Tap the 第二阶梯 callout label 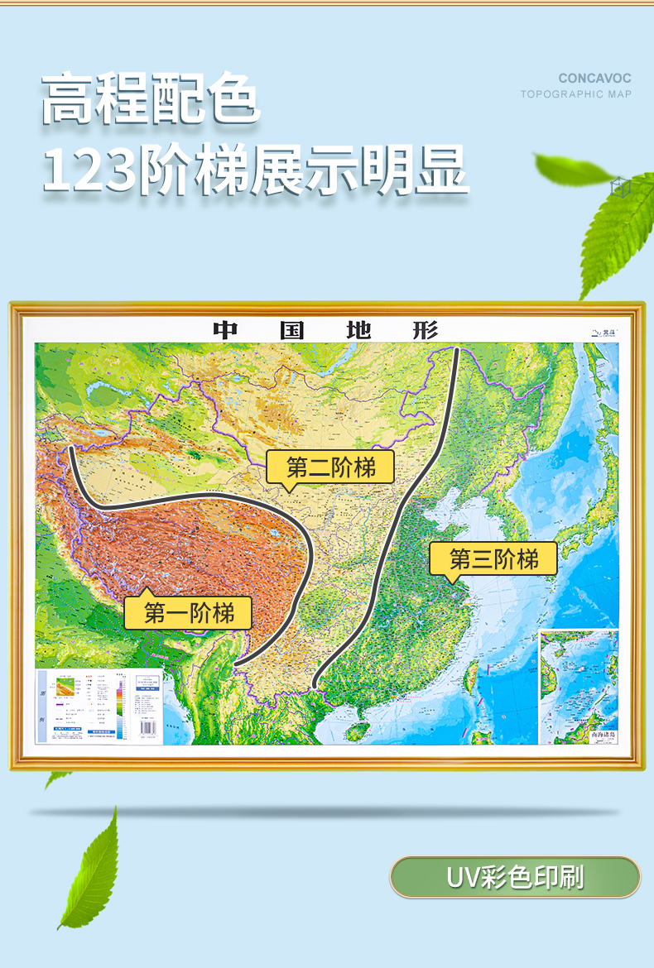click(x=330, y=468)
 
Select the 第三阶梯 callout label click(x=493, y=559)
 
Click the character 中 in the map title click(x=225, y=330)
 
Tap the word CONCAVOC click(x=594, y=79)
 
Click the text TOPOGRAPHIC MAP click(x=575, y=94)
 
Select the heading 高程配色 click(x=151, y=101)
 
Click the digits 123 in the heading click(x=90, y=170)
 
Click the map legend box click(x=83, y=706)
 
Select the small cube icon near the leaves click(x=616, y=187)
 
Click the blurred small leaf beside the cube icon click(x=572, y=169)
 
